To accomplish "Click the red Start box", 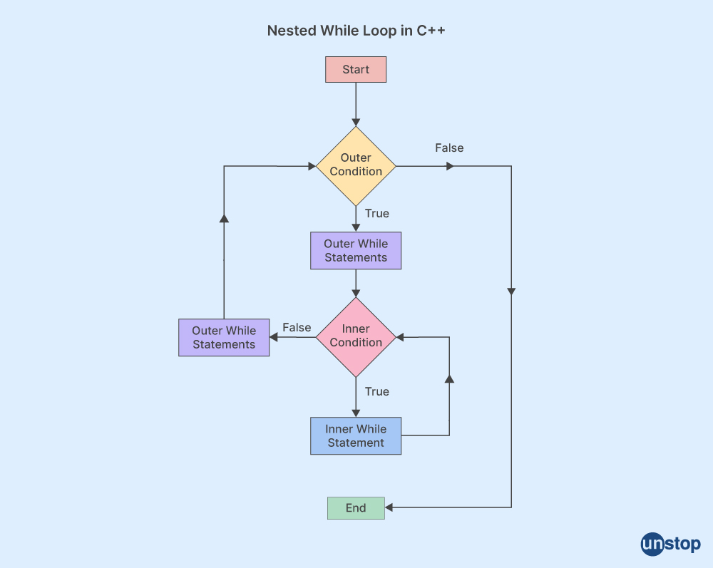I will pyautogui.click(x=356, y=70).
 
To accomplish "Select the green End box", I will pyautogui.click(x=356, y=508).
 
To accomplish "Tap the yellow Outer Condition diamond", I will pyautogui.click(x=356, y=165).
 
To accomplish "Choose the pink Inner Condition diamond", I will pyautogui.click(x=356, y=336).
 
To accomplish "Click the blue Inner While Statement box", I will pyautogui.click(x=356, y=435).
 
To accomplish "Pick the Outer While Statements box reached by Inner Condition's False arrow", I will pyautogui.click(x=224, y=337).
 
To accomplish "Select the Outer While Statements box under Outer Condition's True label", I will pyautogui.click(x=356, y=250).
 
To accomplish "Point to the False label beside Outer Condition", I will pyautogui.click(x=449, y=148).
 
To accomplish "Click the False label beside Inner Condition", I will pyautogui.click(x=297, y=328).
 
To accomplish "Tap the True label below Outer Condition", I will pyautogui.click(x=377, y=213).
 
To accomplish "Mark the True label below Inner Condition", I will pyautogui.click(x=377, y=391).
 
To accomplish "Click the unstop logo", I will pyautogui.click(x=670, y=544).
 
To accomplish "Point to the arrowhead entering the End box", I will pyautogui.click(x=389, y=507).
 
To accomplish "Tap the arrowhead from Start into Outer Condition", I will pyautogui.click(x=356, y=122).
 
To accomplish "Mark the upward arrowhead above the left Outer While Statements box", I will pyautogui.click(x=224, y=218).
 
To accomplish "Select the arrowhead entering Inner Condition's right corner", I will pyautogui.click(x=400, y=336).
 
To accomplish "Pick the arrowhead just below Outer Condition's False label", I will pyautogui.click(x=449, y=166).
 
